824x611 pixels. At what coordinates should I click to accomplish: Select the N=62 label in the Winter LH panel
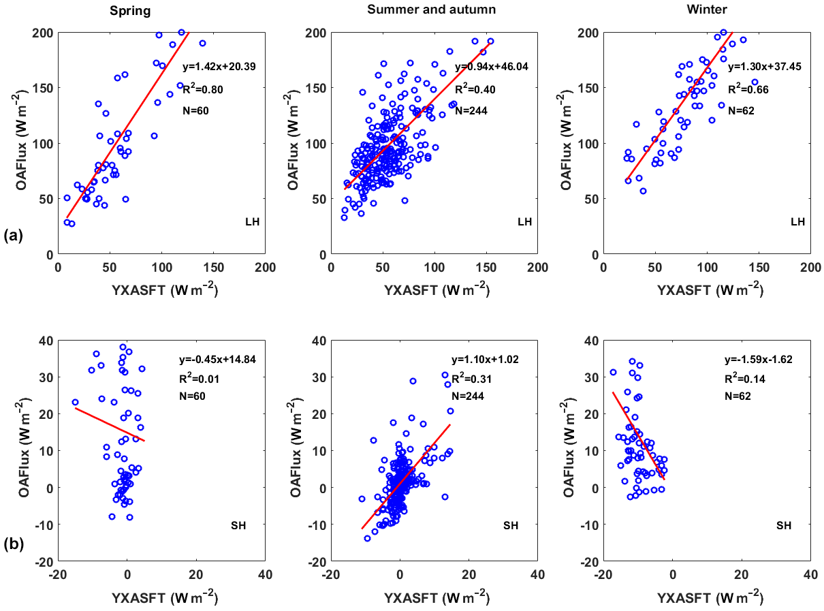pyautogui.click(x=742, y=110)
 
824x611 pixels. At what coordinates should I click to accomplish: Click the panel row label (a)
pyautogui.click(x=14, y=236)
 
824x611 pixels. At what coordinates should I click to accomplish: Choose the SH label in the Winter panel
pyautogui.click(x=784, y=525)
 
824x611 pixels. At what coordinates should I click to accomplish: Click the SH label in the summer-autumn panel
pyautogui.click(x=511, y=525)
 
